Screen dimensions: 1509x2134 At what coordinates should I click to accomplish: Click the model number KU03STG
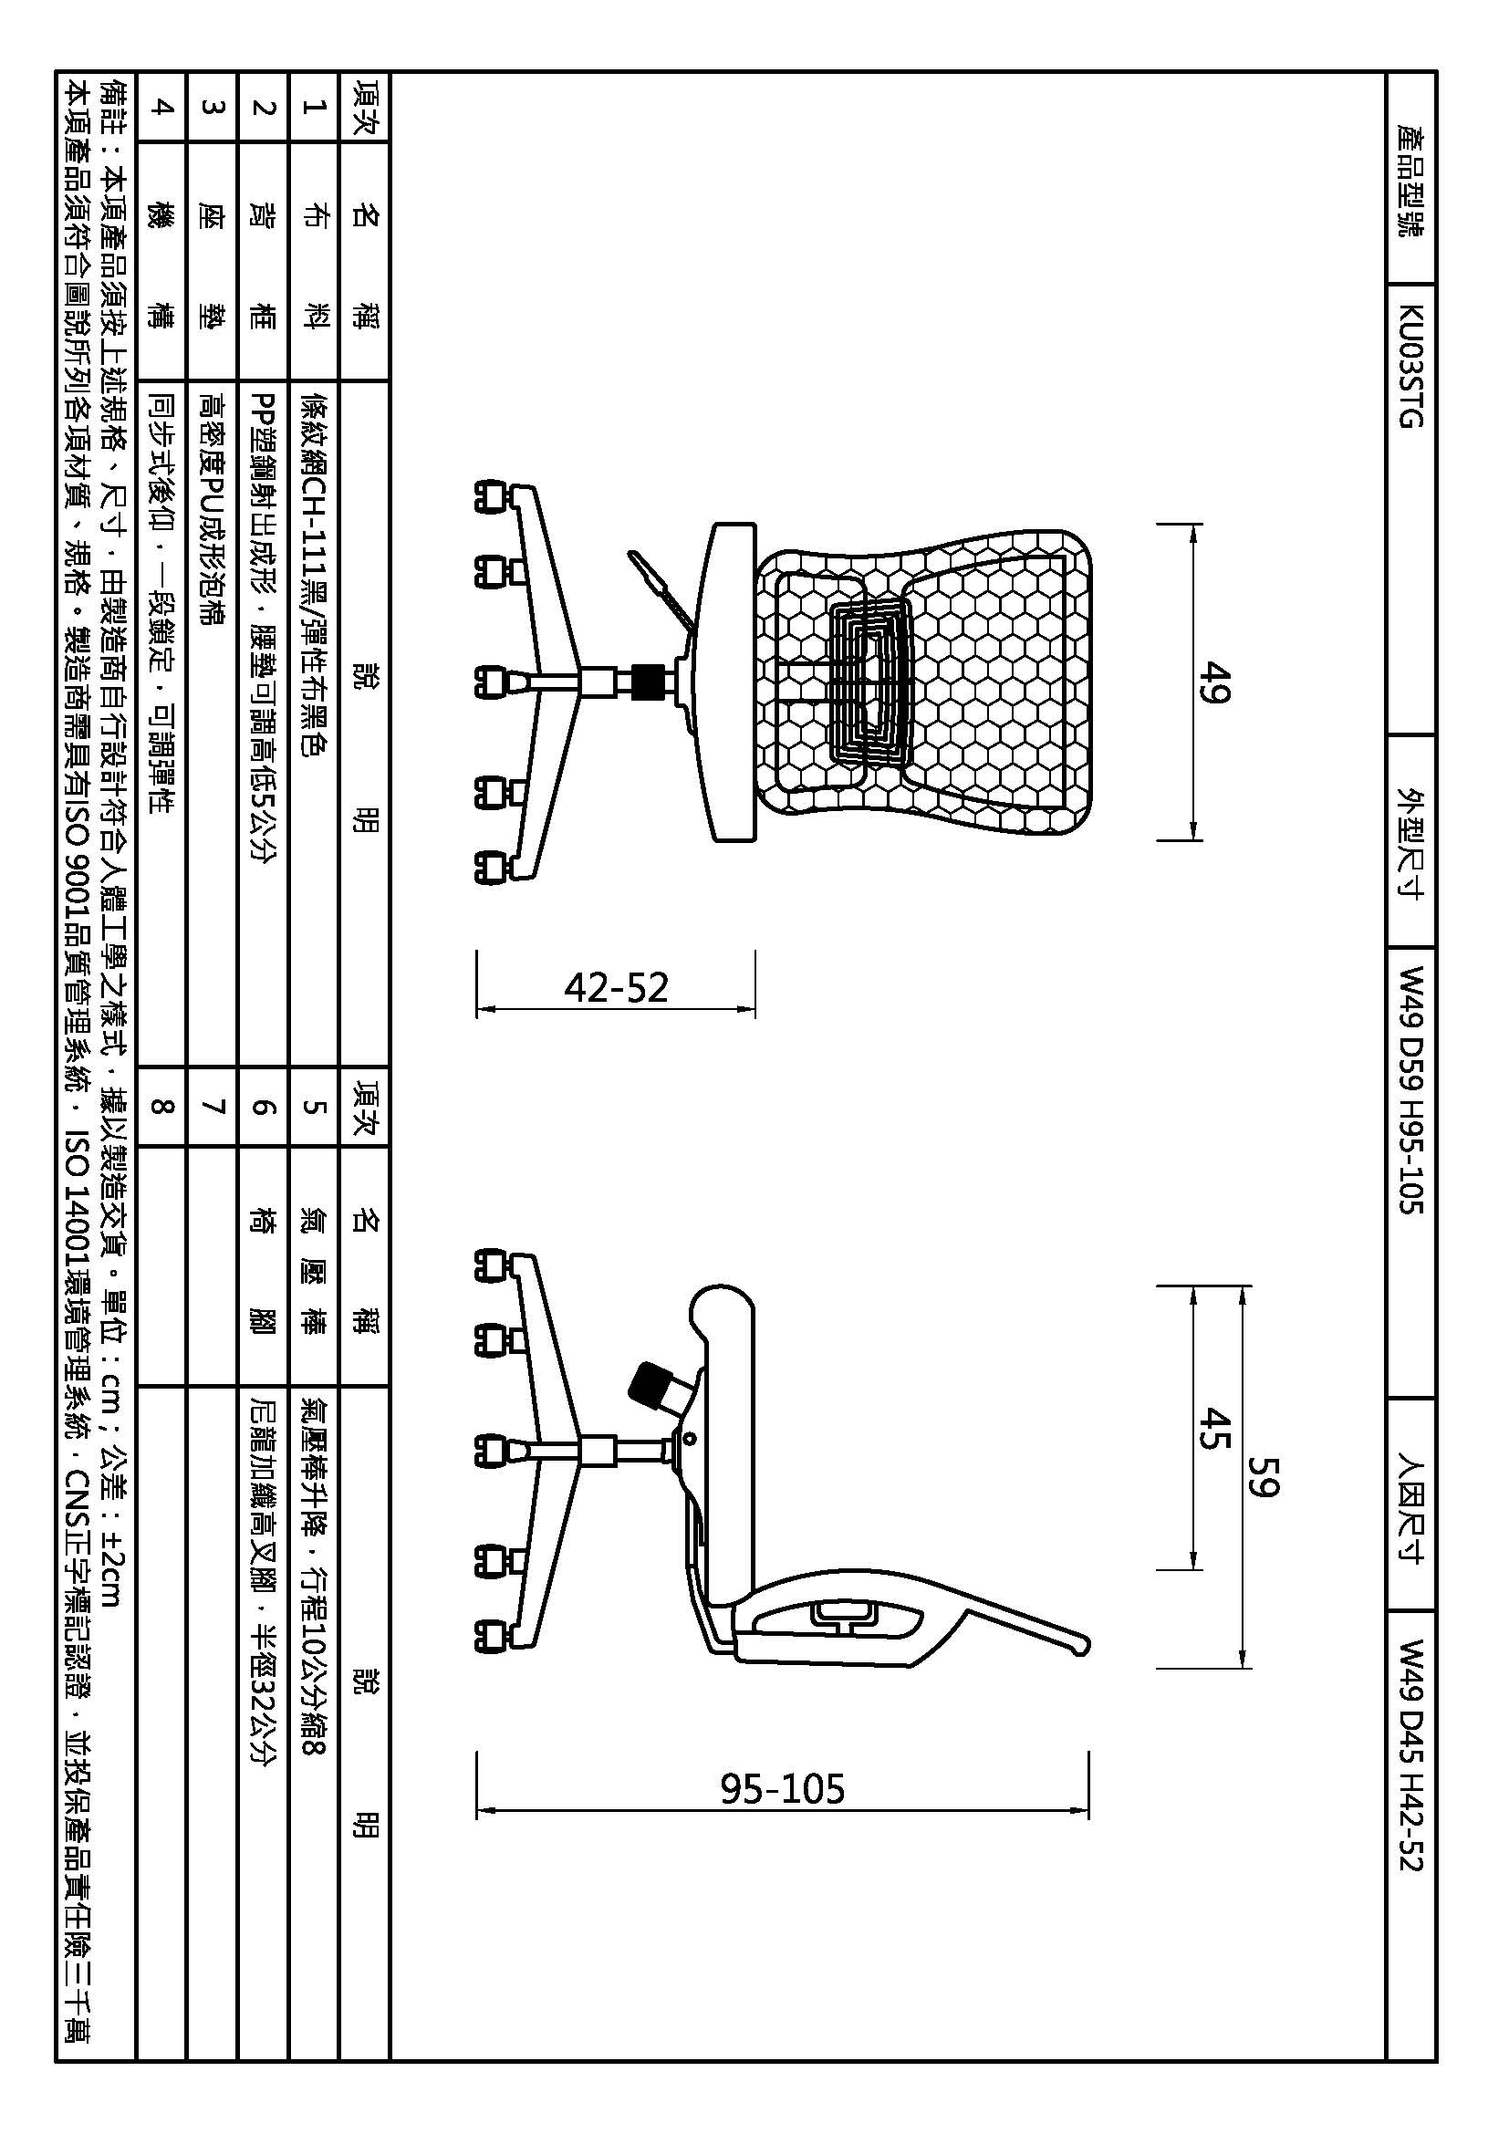(1411, 367)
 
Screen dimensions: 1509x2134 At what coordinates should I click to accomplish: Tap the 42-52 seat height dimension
(616, 987)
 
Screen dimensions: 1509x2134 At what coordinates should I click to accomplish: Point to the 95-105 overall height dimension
(783, 1787)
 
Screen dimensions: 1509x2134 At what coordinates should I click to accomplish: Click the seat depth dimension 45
(1214, 1429)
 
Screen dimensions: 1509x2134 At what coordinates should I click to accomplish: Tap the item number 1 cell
(315, 106)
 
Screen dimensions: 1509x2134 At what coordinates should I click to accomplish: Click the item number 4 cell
(161, 106)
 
